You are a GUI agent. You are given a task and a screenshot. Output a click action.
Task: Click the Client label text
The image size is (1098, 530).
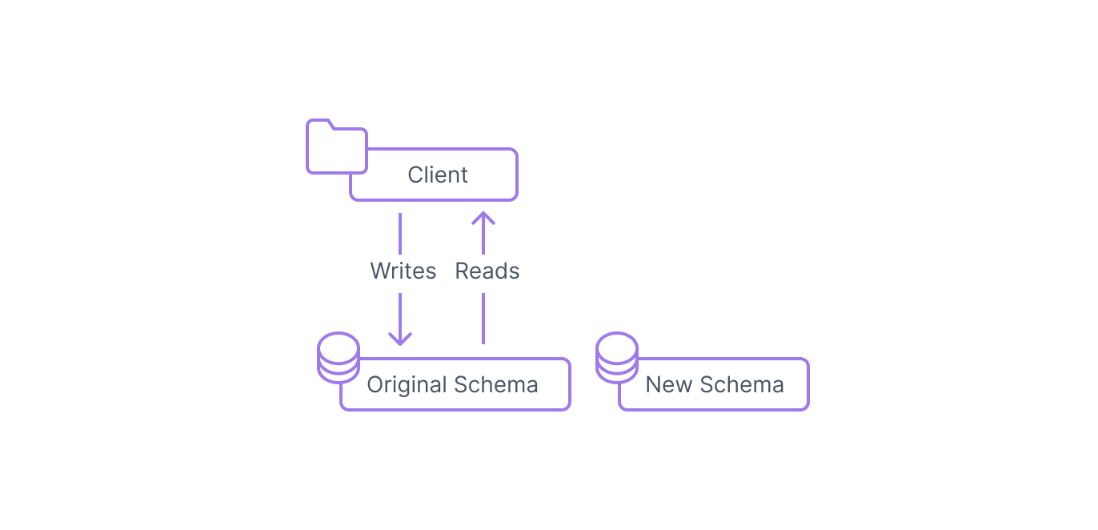click(438, 175)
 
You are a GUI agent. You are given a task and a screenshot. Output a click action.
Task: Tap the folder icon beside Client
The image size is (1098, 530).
click(337, 147)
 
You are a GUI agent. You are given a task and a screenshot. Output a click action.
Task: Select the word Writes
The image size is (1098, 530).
click(403, 271)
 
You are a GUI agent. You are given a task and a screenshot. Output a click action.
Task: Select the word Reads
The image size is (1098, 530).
click(487, 271)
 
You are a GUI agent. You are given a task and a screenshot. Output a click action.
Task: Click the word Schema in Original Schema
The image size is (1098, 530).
click(496, 384)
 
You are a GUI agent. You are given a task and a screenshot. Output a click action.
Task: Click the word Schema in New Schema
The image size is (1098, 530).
click(742, 384)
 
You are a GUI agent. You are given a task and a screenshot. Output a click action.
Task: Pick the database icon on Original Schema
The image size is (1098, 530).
click(339, 357)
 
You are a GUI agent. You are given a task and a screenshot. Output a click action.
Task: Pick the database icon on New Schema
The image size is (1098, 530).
click(617, 357)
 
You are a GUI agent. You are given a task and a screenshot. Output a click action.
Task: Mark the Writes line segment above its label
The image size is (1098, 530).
click(400, 234)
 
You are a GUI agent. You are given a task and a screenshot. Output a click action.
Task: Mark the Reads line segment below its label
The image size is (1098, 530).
click(483, 319)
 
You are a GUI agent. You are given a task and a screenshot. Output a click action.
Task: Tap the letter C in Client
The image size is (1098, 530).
click(416, 175)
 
